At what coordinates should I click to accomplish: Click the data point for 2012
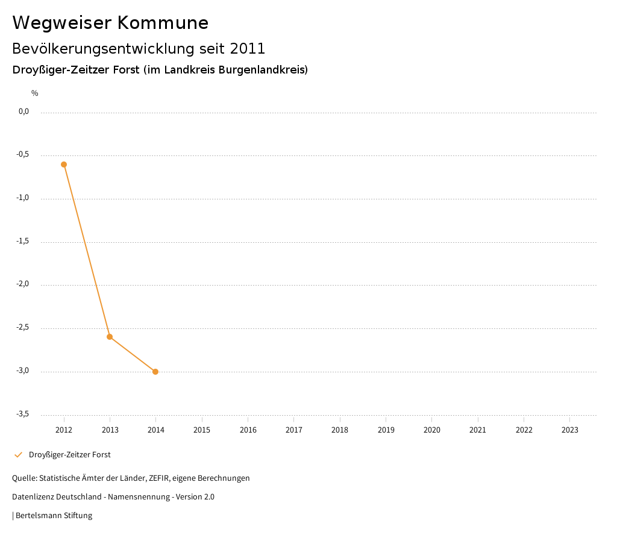pos(64,164)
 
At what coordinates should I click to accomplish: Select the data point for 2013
pos(110,337)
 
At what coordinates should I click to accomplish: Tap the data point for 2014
pos(155,372)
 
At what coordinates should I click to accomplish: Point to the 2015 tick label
pos(202,430)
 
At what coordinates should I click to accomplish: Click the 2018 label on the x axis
pos(340,430)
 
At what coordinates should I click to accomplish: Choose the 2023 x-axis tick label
pos(569,430)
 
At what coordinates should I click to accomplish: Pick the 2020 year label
pos(432,430)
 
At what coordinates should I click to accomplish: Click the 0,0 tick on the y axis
pos(23,111)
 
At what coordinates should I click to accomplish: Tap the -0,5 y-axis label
pos(22,155)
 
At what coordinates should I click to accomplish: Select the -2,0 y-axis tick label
pos(22,284)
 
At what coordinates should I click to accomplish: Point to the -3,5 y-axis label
pos(22,414)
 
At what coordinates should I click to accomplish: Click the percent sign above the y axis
pos(35,93)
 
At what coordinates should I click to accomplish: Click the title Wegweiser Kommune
pos(110,23)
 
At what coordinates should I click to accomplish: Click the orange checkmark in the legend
pos(18,455)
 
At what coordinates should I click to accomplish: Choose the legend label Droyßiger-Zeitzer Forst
pos(69,455)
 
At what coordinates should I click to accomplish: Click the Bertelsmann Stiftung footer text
pos(54,516)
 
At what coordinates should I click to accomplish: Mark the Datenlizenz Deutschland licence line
pos(113,497)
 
